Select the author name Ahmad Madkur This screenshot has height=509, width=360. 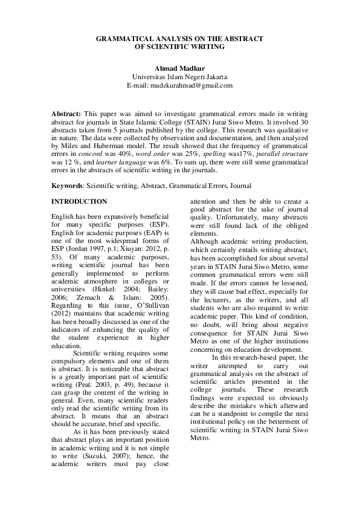click(x=179, y=68)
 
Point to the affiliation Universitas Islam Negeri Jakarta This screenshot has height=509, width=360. click(x=179, y=77)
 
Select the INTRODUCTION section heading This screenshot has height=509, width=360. click(x=79, y=201)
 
